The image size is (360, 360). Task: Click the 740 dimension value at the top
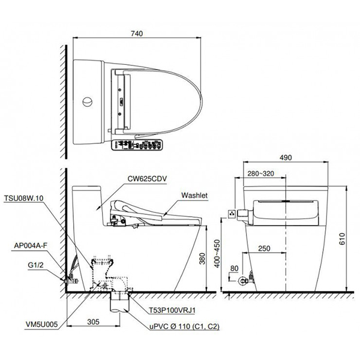click(137, 34)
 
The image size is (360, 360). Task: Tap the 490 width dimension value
click(286, 157)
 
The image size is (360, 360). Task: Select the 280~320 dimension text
click(261, 173)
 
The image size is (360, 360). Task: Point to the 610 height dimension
click(342, 239)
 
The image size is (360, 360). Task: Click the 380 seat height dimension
click(202, 259)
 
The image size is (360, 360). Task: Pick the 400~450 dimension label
click(217, 254)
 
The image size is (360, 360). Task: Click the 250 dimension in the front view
click(264, 248)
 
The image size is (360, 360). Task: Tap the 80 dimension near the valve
click(234, 268)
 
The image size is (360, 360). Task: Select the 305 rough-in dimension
click(94, 322)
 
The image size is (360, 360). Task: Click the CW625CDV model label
click(147, 179)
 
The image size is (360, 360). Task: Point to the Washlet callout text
click(194, 196)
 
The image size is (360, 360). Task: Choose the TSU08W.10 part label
click(23, 198)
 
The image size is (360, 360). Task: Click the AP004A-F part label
click(31, 245)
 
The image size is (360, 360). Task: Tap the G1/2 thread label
click(35, 265)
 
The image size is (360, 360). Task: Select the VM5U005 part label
click(42, 324)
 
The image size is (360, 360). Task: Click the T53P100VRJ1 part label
click(172, 310)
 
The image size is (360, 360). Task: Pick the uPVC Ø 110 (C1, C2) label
click(184, 326)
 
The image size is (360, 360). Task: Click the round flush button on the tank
click(88, 102)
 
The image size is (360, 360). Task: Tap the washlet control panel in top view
click(137, 145)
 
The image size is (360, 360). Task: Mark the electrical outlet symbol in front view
click(232, 214)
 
